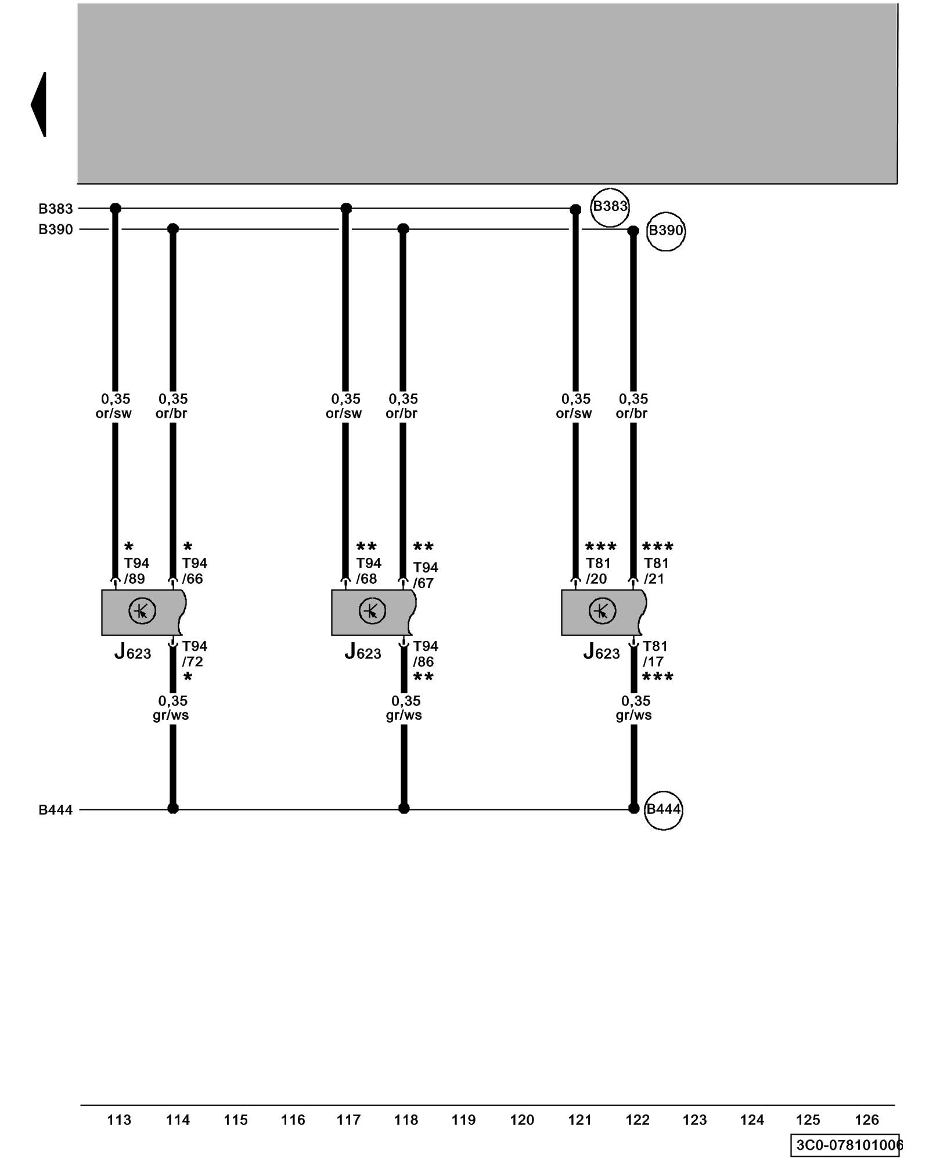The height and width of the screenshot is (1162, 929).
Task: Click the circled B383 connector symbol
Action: tap(609, 207)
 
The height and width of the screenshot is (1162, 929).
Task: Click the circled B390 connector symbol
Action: tap(665, 231)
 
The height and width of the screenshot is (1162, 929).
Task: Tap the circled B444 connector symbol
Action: tap(663, 810)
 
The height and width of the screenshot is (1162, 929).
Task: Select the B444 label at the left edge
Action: tap(56, 810)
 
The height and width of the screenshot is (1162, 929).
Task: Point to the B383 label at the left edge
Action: tap(56, 209)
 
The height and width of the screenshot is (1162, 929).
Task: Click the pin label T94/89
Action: tap(136, 571)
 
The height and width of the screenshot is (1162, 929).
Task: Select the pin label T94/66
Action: tap(194, 571)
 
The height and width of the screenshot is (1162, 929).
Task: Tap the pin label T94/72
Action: tap(194, 654)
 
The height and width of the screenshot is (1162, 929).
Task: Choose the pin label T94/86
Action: tap(425, 654)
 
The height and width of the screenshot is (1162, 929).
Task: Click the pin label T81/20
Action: tap(597, 571)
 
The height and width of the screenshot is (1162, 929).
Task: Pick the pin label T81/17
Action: tap(655, 654)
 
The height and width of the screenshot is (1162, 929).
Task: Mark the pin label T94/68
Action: tap(368, 571)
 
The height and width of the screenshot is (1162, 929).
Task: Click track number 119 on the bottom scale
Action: tap(463, 1120)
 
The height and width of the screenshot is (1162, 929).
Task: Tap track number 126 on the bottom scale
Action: tap(866, 1120)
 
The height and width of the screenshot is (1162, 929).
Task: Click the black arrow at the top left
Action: tap(39, 105)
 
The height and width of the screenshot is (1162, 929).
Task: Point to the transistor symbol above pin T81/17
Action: tap(602, 611)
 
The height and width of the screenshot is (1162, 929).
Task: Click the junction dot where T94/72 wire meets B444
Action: tap(173, 808)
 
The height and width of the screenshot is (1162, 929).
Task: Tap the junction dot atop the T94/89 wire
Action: tap(116, 208)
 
